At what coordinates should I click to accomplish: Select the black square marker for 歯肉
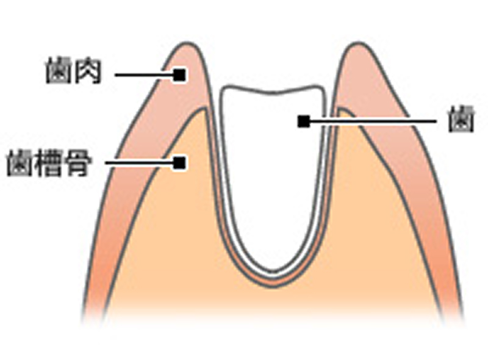pyautogui.click(x=179, y=75)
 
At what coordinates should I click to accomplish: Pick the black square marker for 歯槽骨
pyautogui.click(x=179, y=163)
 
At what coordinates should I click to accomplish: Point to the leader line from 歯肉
pyautogui.click(x=144, y=75)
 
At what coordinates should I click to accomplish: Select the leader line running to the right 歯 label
pyautogui.click(x=372, y=121)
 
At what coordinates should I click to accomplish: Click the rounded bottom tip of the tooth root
pyautogui.click(x=274, y=271)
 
